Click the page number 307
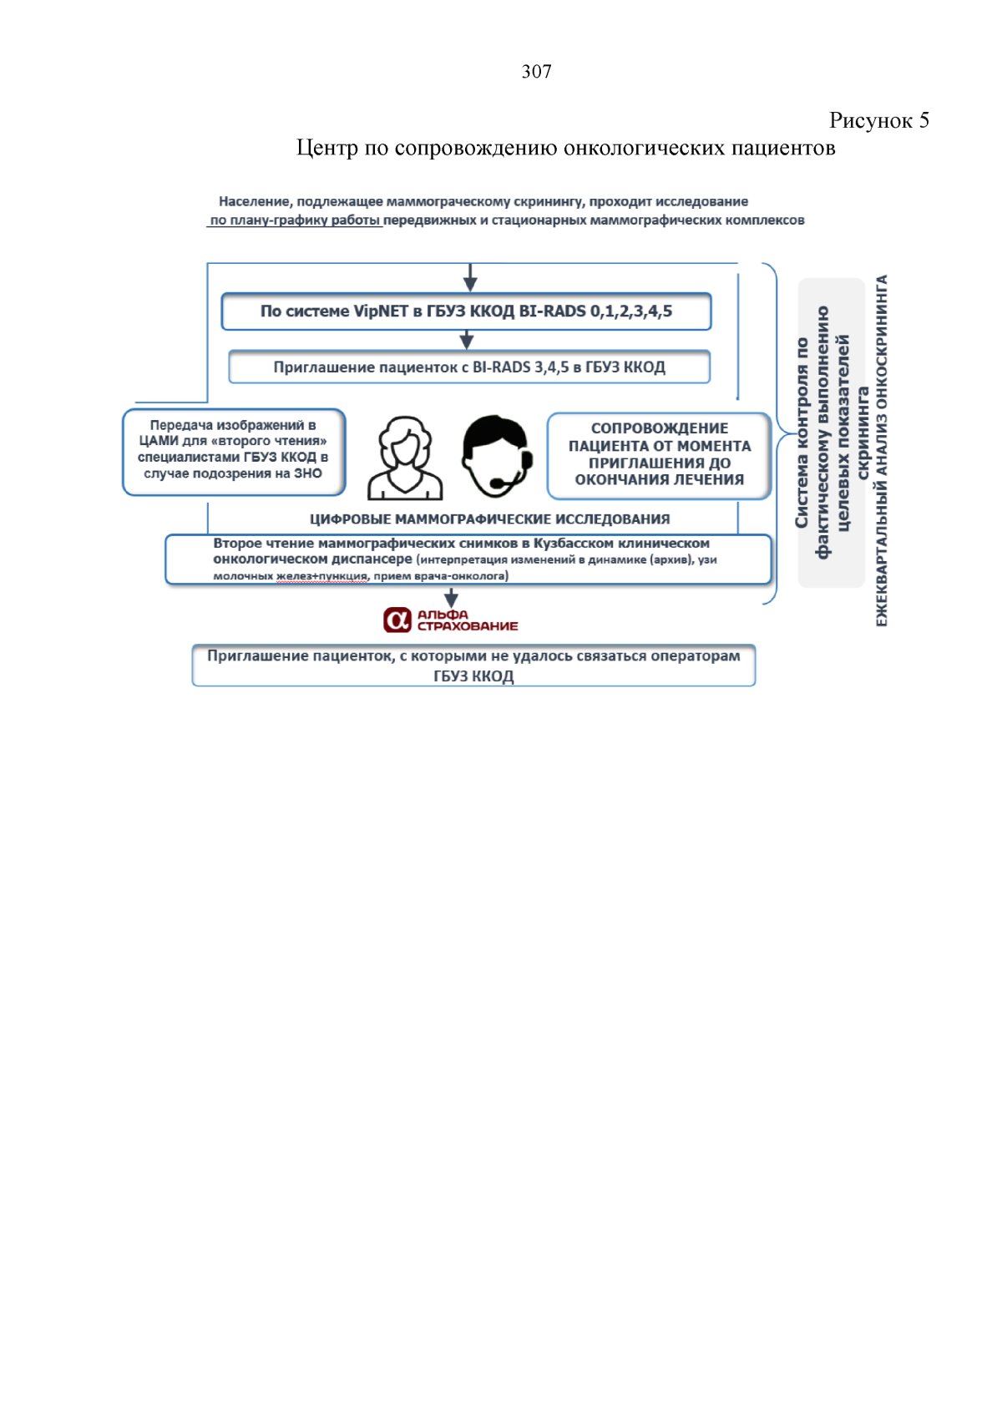pos(536,72)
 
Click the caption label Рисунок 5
pos(878,120)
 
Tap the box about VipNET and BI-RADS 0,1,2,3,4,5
pos(466,311)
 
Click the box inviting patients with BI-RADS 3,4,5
pos(469,367)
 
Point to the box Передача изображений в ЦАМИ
pos(233,451)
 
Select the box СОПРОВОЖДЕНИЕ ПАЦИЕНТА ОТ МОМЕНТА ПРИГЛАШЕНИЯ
pos(659,455)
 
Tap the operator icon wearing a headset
pos(496,456)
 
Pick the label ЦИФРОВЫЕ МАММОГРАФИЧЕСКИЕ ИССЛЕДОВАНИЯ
pos(489,519)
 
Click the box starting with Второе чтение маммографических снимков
pos(468,559)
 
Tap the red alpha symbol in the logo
pos(397,620)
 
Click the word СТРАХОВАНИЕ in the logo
pos(468,626)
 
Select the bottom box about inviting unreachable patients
pos(473,665)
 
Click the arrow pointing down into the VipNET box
pos(470,278)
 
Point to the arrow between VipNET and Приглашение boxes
pos(467,340)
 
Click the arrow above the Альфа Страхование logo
pos(451,597)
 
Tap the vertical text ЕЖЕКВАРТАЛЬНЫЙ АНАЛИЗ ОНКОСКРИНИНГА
pos(882,451)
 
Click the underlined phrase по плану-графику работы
pos(295,220)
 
